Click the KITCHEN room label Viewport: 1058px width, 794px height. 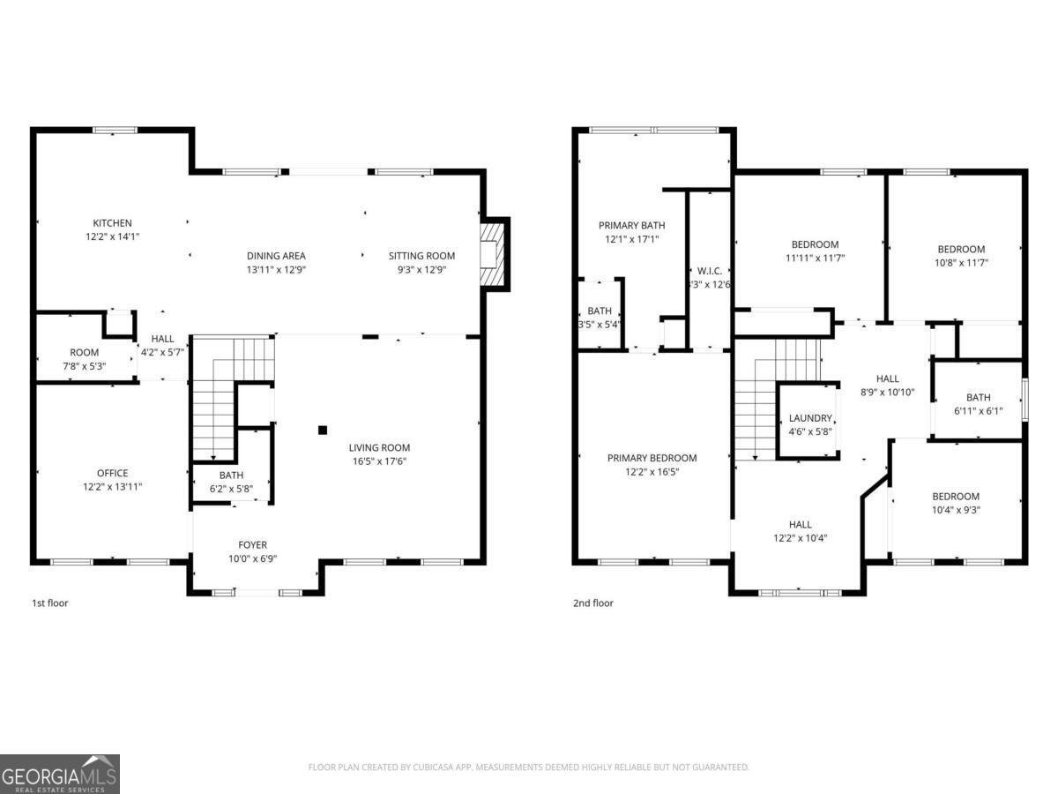[x=112, y=223]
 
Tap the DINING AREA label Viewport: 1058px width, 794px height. [x=276, y=256]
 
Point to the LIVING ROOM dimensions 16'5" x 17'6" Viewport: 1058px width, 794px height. [x=378, y=461]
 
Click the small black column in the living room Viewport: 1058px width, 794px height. [x=323, y=430]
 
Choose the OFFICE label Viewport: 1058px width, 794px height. [x=112, y=473]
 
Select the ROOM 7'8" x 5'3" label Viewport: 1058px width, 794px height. [x=85, y=353]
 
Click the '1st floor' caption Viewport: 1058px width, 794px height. [x=50, y=603]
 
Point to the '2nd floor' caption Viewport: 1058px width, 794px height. [x=592, y=603]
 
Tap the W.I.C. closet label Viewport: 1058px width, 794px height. [x=709, y=271]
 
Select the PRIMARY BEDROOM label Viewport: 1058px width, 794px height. [x=652, y=458]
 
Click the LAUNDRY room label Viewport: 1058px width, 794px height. [x=809, y=418]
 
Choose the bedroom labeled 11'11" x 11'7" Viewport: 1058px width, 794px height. [x=815, y=244]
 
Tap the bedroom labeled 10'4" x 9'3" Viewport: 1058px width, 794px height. [x=956, y=496]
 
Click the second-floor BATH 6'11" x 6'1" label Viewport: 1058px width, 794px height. [x=978, y=397]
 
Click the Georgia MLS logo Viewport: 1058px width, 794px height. [x=60, y=775]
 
